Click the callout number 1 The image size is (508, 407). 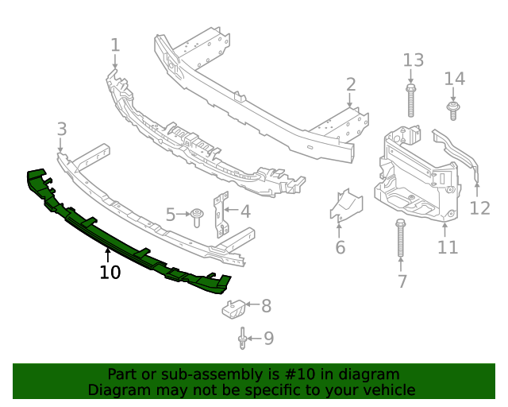pyautogui.click(x=115, y=45)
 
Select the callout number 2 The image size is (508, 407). pyautogui.click(x=350, y=84)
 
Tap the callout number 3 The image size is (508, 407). pyautogui.click(x=61, y=129)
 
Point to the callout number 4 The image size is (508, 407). pyautogui.click(x=245, y=211)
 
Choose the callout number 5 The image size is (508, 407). pyautogui.click(x=171, y=215)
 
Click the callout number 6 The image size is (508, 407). pyautogui.click(x=340, y=247)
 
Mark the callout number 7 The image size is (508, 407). pyautogui.click(x=402, y=281)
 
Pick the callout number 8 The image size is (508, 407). pyautogui.click(x=266, y=305)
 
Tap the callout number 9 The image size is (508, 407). pyautogui.click(x=268, y=339)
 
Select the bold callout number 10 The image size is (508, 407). pyautogui.click(x=110, y=273)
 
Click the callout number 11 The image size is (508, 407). pyautogui.click(x=448, y=247)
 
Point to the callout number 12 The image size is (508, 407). pyautogui.click(x=480, y=208)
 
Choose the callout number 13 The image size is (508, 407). pyautogui.click(x=414, y=60)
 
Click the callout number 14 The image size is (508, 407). pyautogui.click(x=454, y=79)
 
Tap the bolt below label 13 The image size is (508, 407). pyautogui.click(x=411, y=101)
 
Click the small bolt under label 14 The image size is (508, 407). pyautogui.click(x=453, y=110)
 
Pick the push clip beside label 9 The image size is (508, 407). pyautogui.click(x=241, y=339)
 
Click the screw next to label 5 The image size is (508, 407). pyautogui.click(x=196, y=216)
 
